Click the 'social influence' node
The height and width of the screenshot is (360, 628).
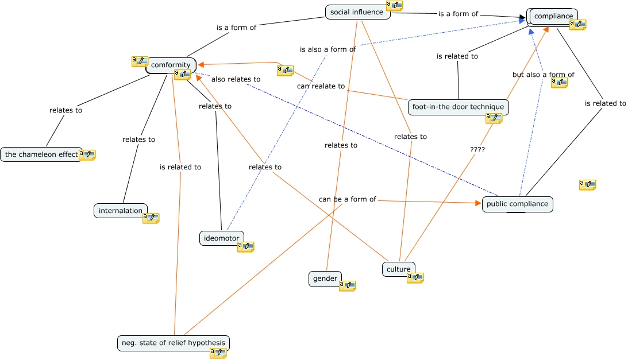(x=357, y=12)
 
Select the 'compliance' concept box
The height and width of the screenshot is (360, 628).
(x=553, y=17)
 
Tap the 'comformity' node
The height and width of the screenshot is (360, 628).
(x=171, y=65)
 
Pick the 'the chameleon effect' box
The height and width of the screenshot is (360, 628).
(x=41, y=154)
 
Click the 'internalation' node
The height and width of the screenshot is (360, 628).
(x=121, y=211)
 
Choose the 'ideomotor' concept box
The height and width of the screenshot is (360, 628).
(x=221, y=238)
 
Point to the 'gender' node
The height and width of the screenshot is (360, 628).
(x=325, y=278)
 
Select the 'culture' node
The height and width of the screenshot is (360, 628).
(x=399, y=269)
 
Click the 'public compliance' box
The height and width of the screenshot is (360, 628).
(x=518, y=204)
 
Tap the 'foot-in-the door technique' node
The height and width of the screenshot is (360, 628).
(x=458, y=107)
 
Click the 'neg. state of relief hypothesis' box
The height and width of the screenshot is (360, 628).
(x=174, y=343)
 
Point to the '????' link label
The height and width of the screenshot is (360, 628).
(x=477, y=150)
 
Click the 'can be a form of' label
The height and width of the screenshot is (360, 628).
(x=348, y=199)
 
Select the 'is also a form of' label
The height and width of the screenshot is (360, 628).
(x=328, y=49)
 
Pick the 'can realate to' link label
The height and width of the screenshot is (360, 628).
(x=321, y=86)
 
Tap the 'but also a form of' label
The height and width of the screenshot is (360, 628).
(x=544, y=75)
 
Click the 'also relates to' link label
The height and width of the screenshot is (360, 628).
(x=236, y=79)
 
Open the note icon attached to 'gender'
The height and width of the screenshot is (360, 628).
(x=347, y=285)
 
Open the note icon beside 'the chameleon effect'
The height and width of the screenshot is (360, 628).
(x=87, y=154)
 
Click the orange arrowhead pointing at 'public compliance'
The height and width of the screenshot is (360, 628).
(x=478, y=203)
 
